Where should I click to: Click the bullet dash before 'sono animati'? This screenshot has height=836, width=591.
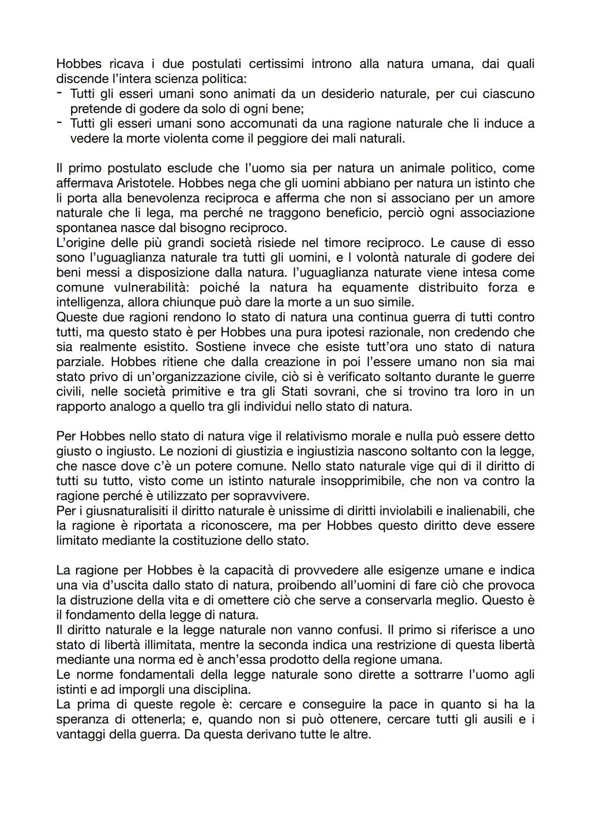tap(60, 94)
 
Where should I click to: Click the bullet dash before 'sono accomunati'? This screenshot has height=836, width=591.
tap(60, 123)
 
